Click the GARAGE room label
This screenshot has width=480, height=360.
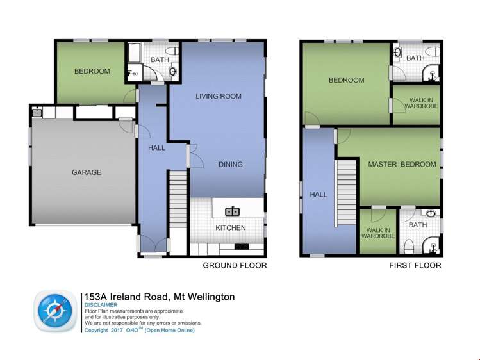tap(87, 172)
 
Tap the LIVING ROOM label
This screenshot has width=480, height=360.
tap(219, 97)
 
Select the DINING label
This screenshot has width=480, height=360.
tap(230, 165)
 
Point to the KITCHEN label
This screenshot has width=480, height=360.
tap(230, 228)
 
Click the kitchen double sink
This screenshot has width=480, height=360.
tap(232, 211)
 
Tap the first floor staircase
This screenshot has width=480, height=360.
tap(346, 192)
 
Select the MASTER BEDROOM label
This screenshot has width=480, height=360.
tap(402, 165)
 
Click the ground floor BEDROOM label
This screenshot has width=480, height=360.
tap(92, 71)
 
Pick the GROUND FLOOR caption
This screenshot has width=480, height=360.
tap(235, 265)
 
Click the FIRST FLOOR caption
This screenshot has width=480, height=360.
tap(415, 265)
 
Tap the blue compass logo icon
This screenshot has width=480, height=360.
tap(54, 312)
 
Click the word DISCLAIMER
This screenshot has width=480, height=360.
tap(101, 305)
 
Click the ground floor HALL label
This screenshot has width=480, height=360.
tap(156, 148)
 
